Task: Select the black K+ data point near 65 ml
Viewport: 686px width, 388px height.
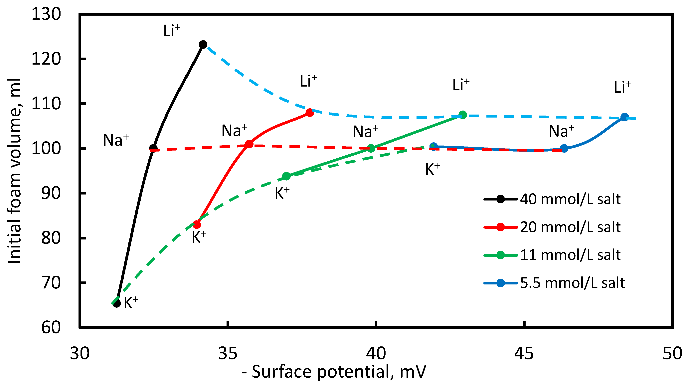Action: click(x=117, y=303)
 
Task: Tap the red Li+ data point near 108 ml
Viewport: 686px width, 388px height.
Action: click(x=309, y=113)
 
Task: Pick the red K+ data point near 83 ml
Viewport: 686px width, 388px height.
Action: click(x=197, y=225)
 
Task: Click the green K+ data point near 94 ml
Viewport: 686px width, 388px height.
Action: click(x=286, y=176)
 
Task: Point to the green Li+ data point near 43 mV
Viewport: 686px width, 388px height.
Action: click(x=463, y=115)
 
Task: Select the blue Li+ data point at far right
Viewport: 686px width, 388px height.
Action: click(x=625, y=117)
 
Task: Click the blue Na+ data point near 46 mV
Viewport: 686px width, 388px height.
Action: click(x=564, y=149)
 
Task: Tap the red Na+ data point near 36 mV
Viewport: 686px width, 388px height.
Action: click(x=249, y=144)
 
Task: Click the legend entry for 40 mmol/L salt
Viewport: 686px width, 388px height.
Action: click(x=570, y=199)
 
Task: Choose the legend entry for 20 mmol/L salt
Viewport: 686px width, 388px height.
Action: click(x=570, y=227)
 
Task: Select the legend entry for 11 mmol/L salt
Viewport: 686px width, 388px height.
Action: click(x=570, y=255)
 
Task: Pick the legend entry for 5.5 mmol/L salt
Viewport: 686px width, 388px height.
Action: click(x=572, y=283)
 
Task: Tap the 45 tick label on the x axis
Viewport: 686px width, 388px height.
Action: click(x=524, y=354)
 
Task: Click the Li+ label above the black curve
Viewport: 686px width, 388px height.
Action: click(x=172, y=30)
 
